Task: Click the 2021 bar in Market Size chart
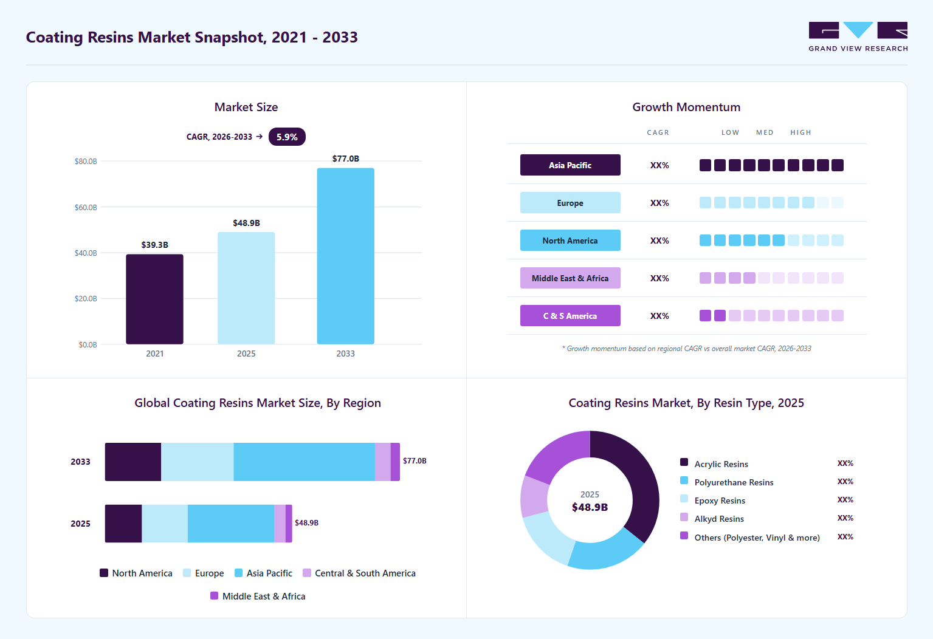tap(154, 299)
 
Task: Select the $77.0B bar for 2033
tap(345, 256)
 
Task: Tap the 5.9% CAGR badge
tap(287, 137)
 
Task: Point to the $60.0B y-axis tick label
tap(86, 207)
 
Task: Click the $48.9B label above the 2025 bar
tap(246, 223)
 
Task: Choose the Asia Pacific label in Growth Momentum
tap(570, 165)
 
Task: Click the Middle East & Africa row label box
tap(570, 278)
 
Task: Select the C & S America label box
tap(570, 315)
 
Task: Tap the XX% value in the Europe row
tap(659, 203)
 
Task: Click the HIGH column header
tap(800, 132)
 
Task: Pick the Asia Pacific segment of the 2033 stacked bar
tap(304, 462)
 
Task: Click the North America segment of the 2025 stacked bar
tap(123, 523)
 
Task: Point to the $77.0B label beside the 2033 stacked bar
tap(415, 461)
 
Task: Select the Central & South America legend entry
tap(359, 573)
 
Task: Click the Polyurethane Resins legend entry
tap(727, 482)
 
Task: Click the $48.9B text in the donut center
tap(590, 507)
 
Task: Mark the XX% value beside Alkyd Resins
tap(845, 518)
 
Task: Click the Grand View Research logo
tap(858, 36)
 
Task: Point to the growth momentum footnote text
tap(686, 349)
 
